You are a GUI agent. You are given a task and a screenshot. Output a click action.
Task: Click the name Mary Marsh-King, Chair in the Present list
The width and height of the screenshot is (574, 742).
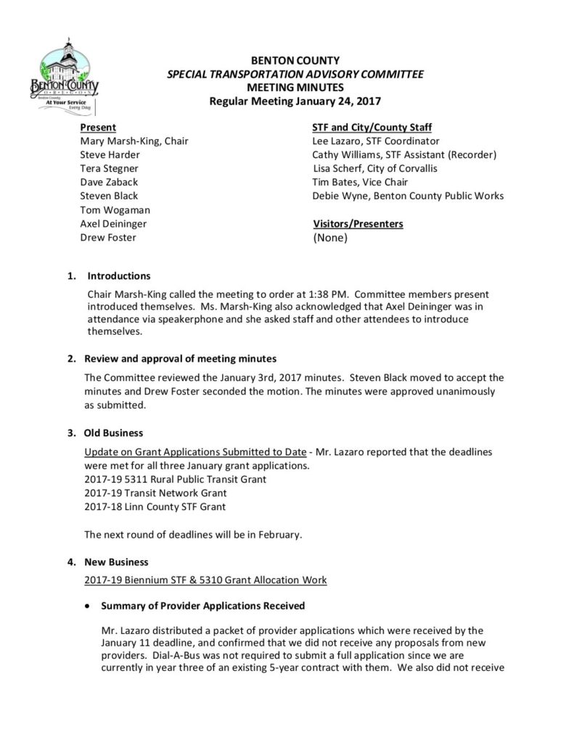[x=134, y=141]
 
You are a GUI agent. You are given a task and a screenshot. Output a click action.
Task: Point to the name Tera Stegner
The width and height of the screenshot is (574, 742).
[x=110, y=169]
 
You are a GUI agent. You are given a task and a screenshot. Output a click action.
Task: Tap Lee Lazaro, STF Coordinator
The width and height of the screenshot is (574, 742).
[x=375, y=141]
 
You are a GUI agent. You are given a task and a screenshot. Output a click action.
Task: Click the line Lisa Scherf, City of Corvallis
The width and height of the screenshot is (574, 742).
[x=374, y=169]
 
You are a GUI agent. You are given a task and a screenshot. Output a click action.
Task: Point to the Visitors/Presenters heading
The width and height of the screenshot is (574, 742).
[x=358, y=224]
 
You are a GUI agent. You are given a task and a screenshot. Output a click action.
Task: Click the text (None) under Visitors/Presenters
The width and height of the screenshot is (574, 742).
[x=330, y=238]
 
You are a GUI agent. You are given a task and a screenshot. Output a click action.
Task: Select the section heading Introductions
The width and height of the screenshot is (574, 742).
[x=119, y=276]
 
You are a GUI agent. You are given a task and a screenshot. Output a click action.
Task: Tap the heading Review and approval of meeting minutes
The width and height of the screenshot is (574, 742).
[x=181, y=359]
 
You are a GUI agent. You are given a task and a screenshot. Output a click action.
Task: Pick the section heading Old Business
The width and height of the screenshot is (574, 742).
[x=114, y=433]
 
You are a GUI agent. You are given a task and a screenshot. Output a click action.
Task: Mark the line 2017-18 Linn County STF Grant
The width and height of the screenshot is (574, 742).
[x=155, y=507]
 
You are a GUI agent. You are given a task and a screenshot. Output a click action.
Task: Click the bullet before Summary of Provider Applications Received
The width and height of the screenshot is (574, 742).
[x=88, y=606]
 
